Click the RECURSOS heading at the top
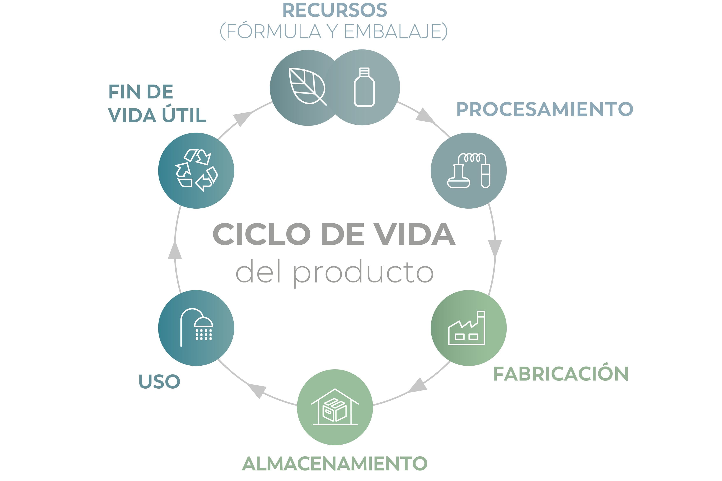coord(334,10)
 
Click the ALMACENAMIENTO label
coord(334,463)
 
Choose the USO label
coord(159,381)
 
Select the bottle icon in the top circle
coord(364,87)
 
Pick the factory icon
coord(467,328)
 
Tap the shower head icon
coord(196,328)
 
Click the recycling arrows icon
coord(196,171)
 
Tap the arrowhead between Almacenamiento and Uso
coord(257,390)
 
